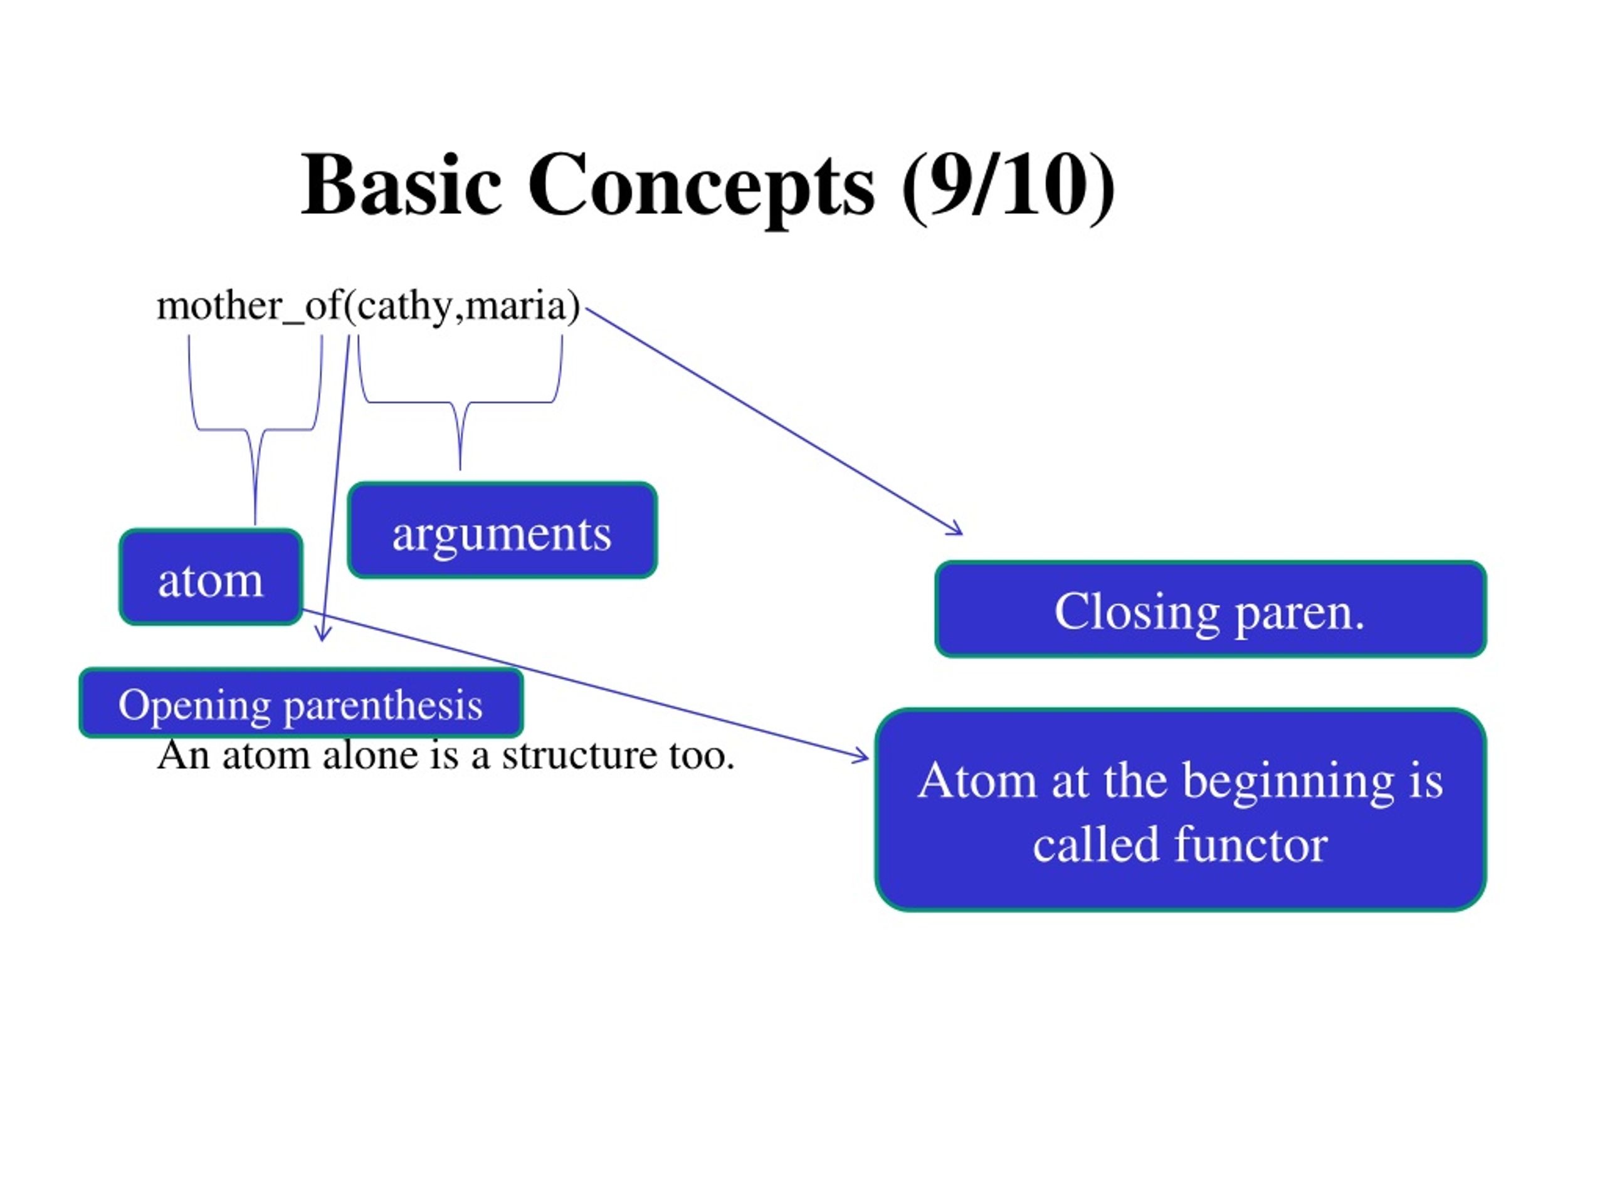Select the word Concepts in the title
pyautogui.click(x=701, y=189)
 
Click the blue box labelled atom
pyautogui.click(x=211, y=577)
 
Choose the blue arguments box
pyautogui.click(x=503, y=530)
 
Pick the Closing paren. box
pyautogui.click(x=1210, y=609)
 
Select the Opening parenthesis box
pyautogui.click(x=301, y=702)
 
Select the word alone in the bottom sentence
pyautogui.click(x=371, y=755)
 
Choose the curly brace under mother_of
pyautogui.click(x=255, y=430)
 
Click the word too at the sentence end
pyautogui.click(x=702, y=756)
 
